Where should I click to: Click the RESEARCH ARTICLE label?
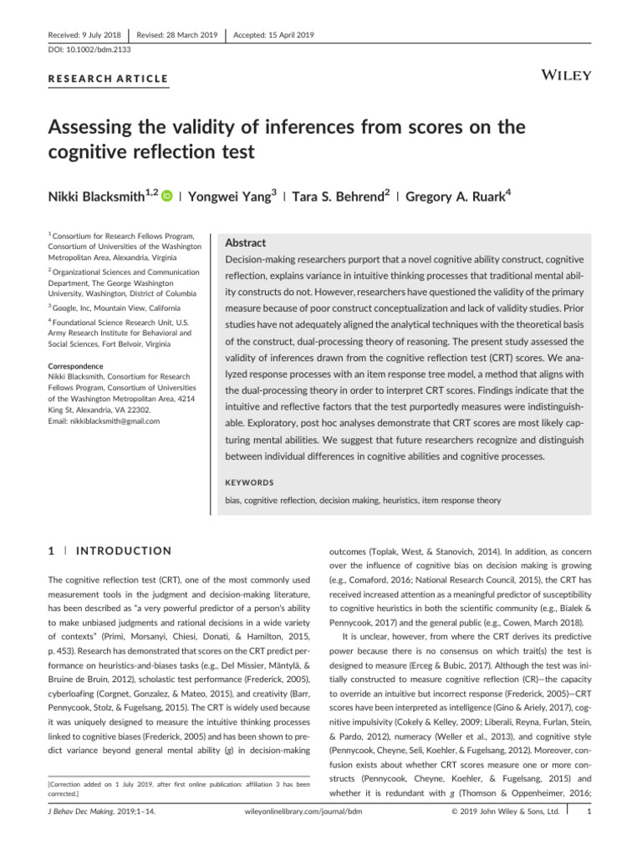click(109, 79)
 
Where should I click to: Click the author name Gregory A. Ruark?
click(447, 197)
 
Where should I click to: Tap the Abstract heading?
click(247, 242)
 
